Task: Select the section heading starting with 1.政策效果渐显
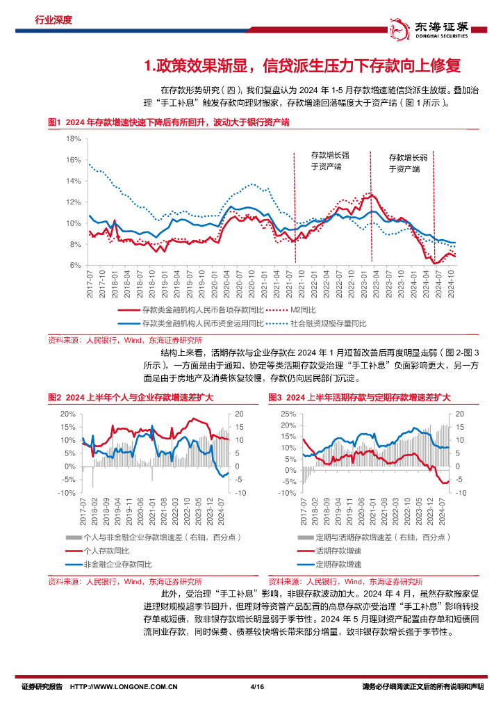pos(302,66)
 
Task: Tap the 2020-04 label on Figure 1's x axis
pos(225,285)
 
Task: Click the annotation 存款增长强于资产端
pos(330,161)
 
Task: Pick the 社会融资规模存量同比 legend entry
pos(331,323)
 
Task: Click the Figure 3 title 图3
pos(359,397)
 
